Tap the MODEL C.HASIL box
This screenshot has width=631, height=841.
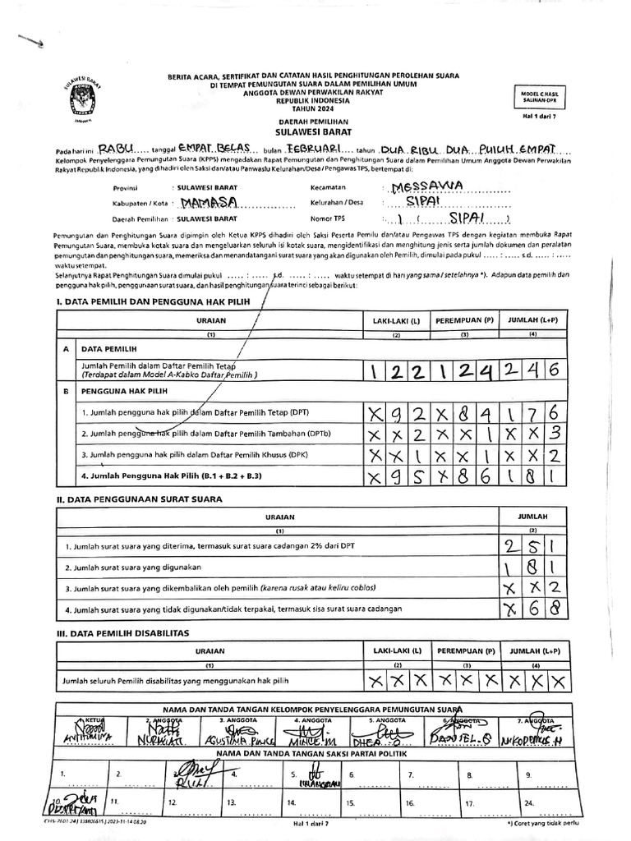[539, 96]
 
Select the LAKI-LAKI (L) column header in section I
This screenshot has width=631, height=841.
[395, 319]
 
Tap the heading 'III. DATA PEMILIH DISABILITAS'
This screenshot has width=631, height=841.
[122, 632]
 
